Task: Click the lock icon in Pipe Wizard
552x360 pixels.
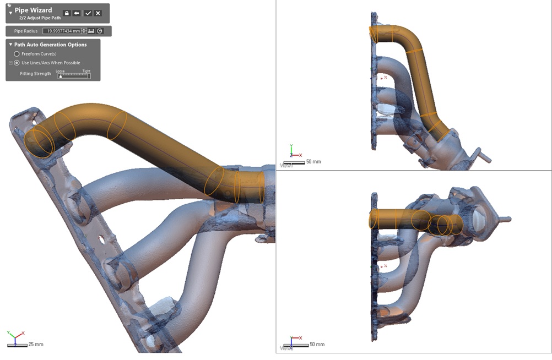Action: tap(67, 13)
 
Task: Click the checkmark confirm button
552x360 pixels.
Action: tap(88, 13)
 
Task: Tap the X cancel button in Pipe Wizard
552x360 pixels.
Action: tap(98, 13)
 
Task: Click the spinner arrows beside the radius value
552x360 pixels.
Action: tap(84, 31)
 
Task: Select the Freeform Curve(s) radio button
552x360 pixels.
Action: tap(17, 54)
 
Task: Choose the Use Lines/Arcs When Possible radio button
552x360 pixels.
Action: tap(17, 63)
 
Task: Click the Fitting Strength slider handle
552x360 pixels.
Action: tap(61, 77)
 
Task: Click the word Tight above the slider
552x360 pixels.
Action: tap(86, 71)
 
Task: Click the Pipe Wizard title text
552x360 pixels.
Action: tap(33, 10)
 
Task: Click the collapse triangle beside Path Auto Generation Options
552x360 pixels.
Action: tap(10, 45)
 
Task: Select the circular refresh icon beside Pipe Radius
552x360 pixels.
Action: tap(100, 31)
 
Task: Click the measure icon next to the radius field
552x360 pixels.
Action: tap(91, 31)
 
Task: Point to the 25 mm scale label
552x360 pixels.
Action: tap(36, 344)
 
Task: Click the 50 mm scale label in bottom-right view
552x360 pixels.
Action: tap(317, 344)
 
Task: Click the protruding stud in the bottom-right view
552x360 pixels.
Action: tap(504, 219)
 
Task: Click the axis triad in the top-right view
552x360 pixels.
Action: tap(293, 154)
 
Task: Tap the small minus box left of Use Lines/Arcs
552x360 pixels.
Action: tap(10, 63)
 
